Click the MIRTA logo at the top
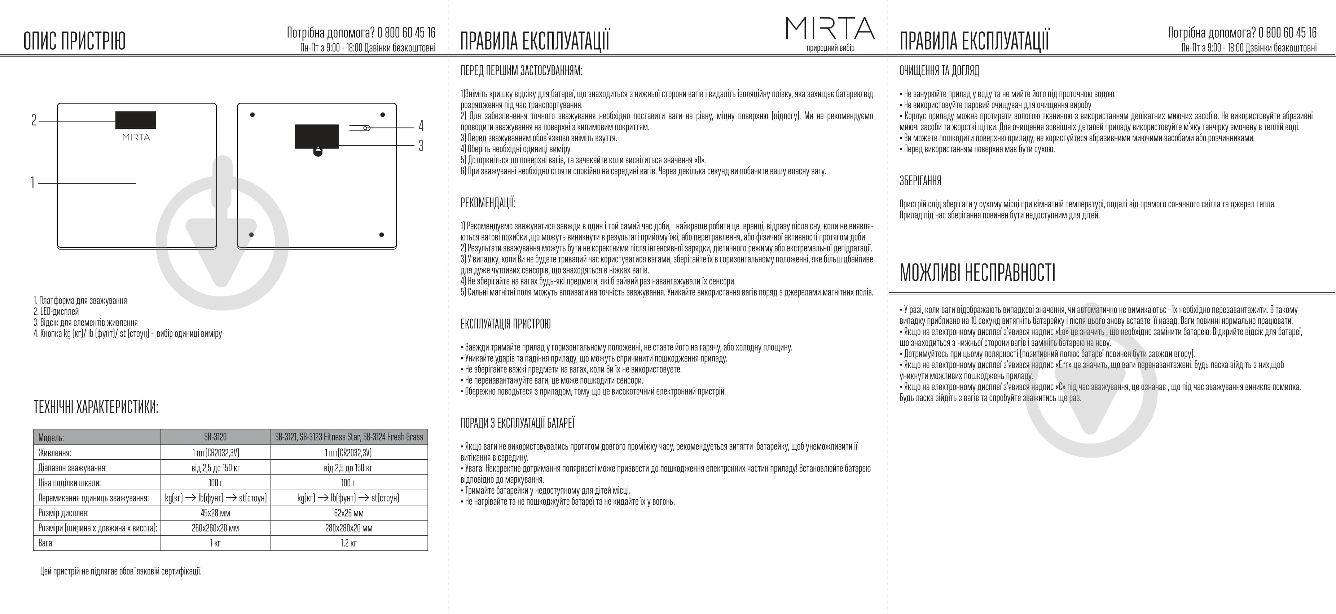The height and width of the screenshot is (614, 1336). [830, 28]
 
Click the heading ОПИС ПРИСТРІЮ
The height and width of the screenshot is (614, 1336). [75, 41]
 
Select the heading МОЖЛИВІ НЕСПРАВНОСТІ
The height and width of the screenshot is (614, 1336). [977, 272]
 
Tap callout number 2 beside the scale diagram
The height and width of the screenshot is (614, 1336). [34, 121]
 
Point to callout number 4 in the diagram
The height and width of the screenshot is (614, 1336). [421, 126]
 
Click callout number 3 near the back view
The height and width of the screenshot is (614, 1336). [421, 146]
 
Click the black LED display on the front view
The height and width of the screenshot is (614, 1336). [135, 120]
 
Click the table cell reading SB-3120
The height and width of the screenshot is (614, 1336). [215, 437]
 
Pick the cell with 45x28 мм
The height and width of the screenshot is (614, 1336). [215, 513]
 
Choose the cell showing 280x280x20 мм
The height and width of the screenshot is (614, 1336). [348, 528]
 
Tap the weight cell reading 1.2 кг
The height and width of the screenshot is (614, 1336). [348, 543]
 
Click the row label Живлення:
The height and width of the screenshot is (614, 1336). [54, 453]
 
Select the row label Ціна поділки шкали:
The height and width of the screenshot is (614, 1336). [70, 483]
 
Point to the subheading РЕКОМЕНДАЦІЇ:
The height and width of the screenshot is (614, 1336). [488, 203]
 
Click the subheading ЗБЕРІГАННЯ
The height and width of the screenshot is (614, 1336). [920, 181]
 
